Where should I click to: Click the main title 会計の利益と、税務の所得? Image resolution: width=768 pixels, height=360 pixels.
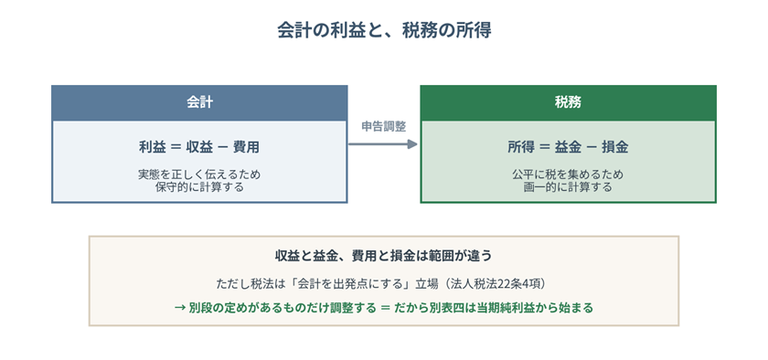click(384, 30)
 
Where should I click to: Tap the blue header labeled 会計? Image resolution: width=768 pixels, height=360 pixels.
click(199, 103)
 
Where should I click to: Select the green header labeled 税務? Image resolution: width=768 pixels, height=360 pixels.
click(568, 103)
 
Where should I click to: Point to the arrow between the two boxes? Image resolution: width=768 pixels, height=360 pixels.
click(383, 144)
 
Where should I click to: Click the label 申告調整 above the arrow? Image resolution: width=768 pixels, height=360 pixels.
click(383, 126)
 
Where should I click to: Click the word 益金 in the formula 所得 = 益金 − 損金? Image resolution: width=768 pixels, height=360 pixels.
click(568, 147)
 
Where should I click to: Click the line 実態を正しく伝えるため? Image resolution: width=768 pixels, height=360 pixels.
click(199, 175)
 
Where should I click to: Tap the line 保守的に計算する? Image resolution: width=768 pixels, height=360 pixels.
click(199, 187)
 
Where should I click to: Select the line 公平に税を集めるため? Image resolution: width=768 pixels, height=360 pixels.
click(568, 175)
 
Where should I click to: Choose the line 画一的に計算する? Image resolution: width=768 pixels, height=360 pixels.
click(568, 187)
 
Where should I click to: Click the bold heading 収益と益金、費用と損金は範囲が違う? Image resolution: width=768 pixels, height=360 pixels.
click(383, 256)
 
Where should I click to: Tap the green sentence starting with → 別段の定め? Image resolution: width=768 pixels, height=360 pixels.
click(383, 308)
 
